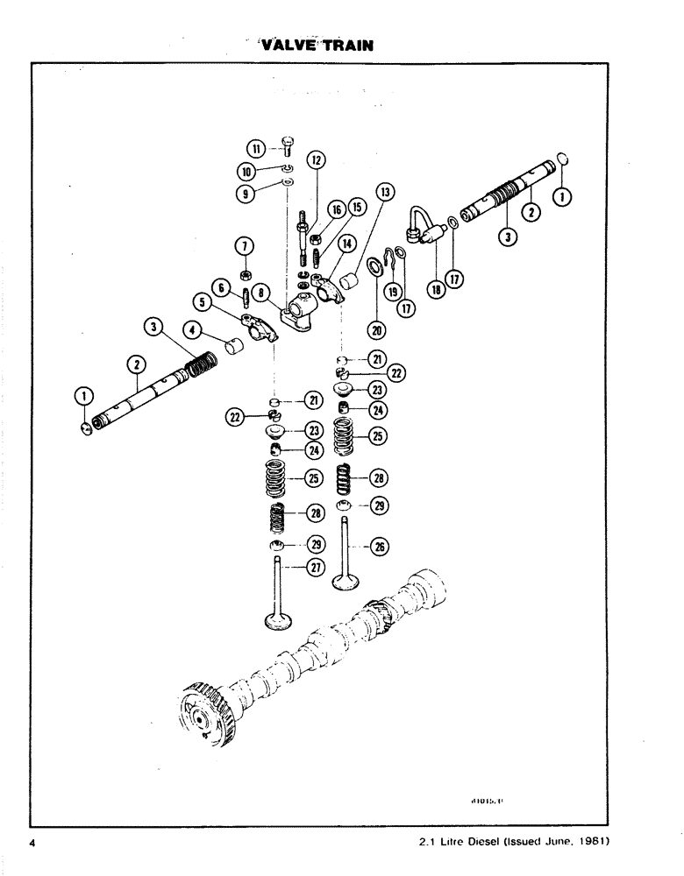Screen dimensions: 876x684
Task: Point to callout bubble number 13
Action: [382, 192]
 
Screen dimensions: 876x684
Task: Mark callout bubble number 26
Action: [381, 547]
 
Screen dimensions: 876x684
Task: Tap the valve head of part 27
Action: [282, 622]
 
